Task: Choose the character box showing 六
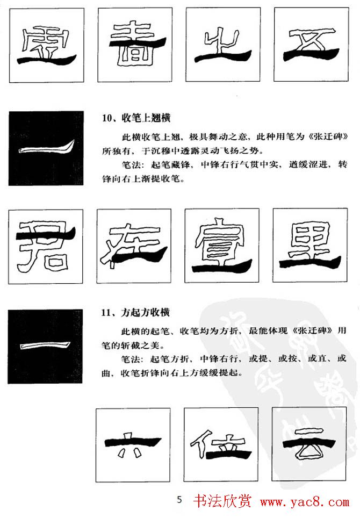click(x=133, y=445)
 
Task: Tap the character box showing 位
click(x=221, y=444)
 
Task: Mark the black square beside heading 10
click(x=46, y=148)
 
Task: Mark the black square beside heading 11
click(x=46, y=346)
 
